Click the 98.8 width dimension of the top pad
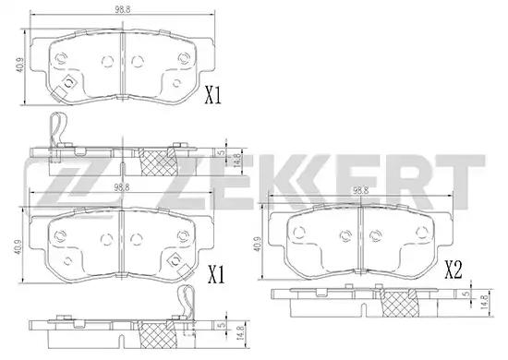[x=123, y=9]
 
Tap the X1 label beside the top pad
[x=212, y=95]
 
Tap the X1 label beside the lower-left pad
[x=216, y=274]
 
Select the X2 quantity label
[x=453, y=270]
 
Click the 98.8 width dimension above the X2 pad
[x=360, y=191]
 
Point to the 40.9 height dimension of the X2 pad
[x=258, y=244]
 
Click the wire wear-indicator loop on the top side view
[x=57, y=128]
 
